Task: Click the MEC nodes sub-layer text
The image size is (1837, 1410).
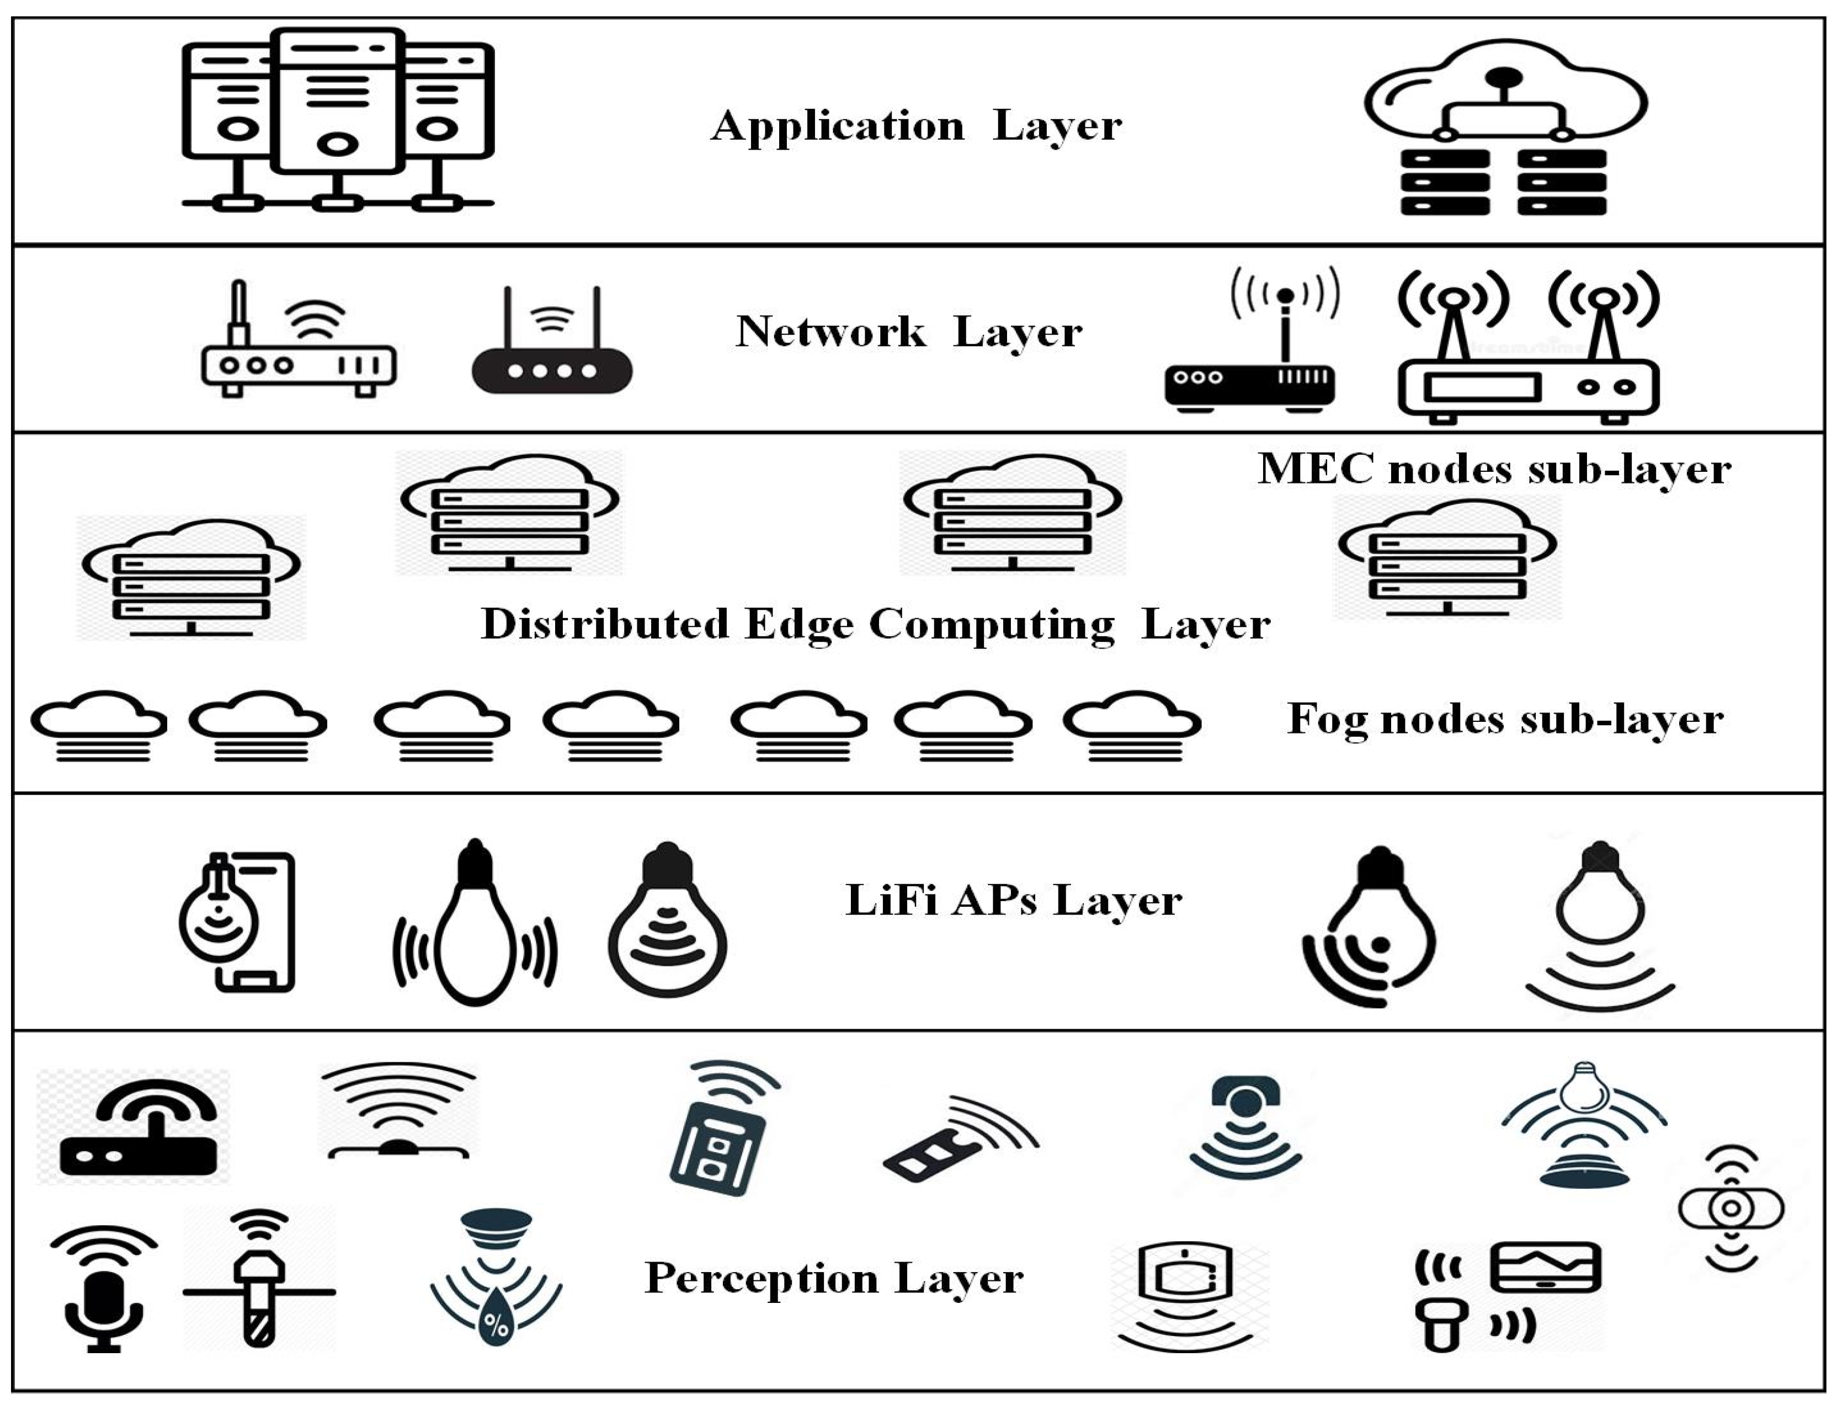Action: click(1494, 469)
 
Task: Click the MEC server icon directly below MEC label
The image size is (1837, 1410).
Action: click(1447, 558)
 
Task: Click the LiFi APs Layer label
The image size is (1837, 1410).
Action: click(1013, 901)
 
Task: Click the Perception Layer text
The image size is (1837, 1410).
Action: click(833, 1278)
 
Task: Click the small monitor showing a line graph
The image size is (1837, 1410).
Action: click(1545, 1267)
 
